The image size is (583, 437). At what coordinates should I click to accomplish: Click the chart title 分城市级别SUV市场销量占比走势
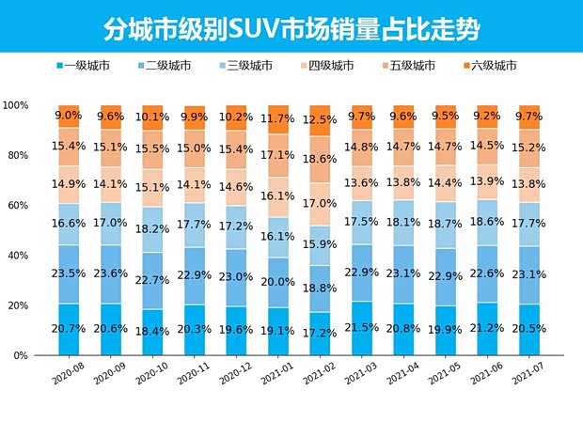pyautogui.click(x=291, y=28)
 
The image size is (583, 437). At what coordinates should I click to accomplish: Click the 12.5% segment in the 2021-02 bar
pyautogui.click(x=320, y=120)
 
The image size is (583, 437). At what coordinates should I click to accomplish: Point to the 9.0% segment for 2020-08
pyautogui.click(x=69, y=117)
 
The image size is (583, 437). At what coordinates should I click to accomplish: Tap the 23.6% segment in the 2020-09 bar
pyautogui.click(x=110, y=274)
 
